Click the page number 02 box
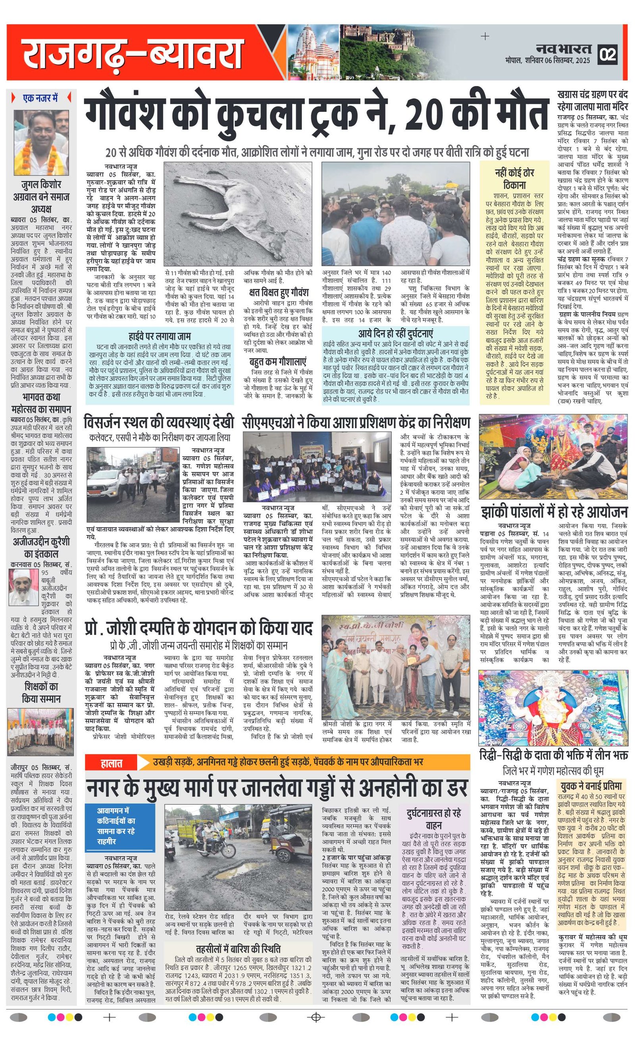607,54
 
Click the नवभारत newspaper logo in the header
564,48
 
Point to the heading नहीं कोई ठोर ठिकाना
514,179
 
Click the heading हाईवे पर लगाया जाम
160,336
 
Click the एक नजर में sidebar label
41,98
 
